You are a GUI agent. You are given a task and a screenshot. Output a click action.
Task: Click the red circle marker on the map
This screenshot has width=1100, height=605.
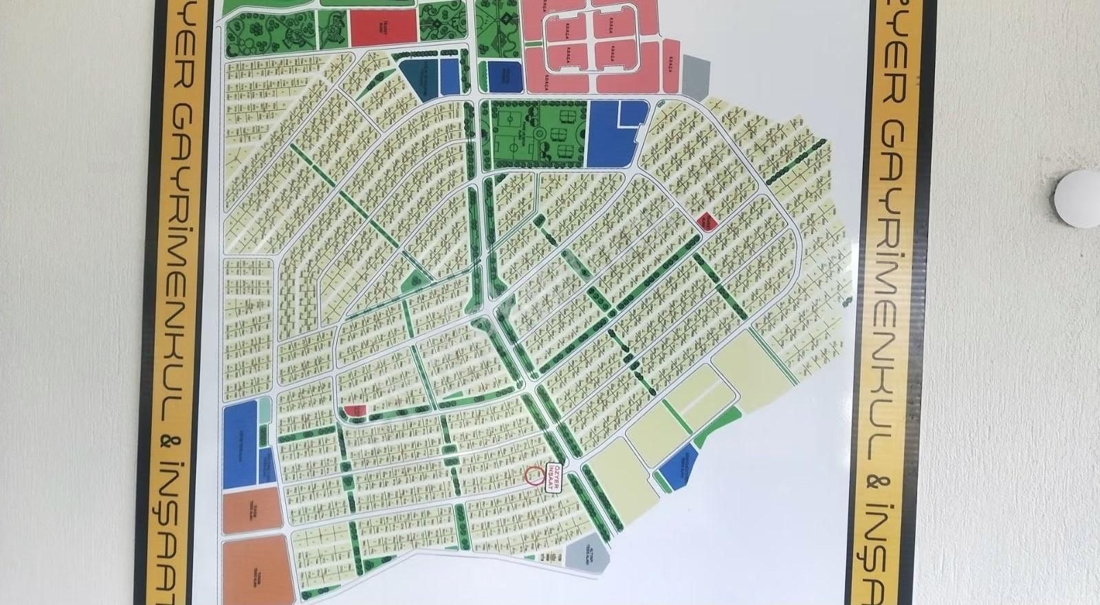pyautogui.click(x=533, y=474)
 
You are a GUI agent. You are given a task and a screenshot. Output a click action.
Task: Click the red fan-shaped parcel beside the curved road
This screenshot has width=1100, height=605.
pyautogui.click(x=355, y=411)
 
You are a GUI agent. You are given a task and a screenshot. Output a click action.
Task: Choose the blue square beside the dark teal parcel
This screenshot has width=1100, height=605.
pyautogui.click(x=450, y=76)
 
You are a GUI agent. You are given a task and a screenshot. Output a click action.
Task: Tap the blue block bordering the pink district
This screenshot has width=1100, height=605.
pyautogui.click(x=505, y=76)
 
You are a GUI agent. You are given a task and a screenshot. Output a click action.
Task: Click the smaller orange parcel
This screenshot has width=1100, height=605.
pyautogui.click(x=252, y=511)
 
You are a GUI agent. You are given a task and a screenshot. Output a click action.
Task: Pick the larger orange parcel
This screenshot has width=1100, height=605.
pyautogui.click(x=258, y=571)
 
